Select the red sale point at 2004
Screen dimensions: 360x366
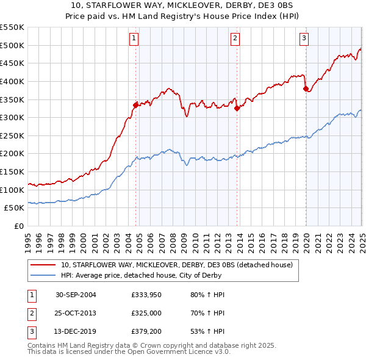(136, 105)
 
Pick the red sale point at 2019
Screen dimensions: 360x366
(306, 88)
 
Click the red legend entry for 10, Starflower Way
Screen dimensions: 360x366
(176, 265)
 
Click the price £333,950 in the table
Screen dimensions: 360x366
(145, 295)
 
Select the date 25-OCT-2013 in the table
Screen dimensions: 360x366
(76, 314)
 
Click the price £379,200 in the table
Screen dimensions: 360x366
(145, 333)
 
